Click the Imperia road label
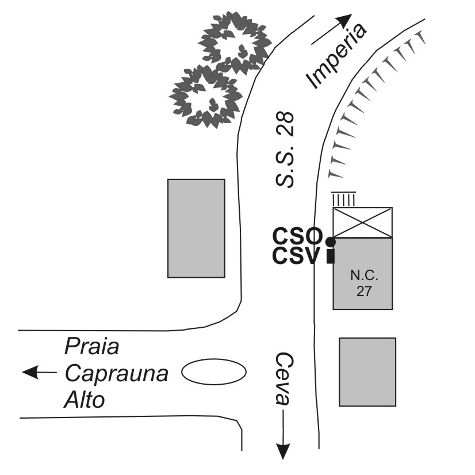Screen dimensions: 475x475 tap(337, 56)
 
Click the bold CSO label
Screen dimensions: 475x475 tap(297, 236)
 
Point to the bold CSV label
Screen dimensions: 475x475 tap(296, 256)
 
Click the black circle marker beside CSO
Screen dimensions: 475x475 tap(330, 242)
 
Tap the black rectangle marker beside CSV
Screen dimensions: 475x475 tap(330, 256)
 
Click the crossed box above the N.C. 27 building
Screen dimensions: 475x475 tap(363, 223)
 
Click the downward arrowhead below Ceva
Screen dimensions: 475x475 tap(282, 451)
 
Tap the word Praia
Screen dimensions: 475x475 tap(91, 347)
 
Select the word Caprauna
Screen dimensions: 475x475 tap(116, 373)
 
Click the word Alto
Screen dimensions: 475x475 tap(85, 399)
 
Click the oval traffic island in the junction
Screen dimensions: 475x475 tap(214, 371)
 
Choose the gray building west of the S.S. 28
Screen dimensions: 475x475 tap(196, 228)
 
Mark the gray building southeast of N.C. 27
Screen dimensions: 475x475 tap(367, 371)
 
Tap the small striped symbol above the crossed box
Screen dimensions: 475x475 tap(344, 198)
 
